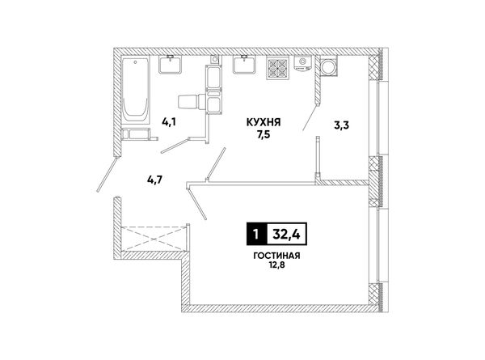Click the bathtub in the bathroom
pyautogui.click(x=136, y=90)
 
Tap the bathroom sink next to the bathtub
pyautogui.click(x=170, y=65)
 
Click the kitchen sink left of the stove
pyautogui.click(x=244, y=65)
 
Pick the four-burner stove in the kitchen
pyautogui.click(x=277, y=68)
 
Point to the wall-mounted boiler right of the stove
pyautogui.click(x=303, y=63)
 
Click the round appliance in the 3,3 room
pyautogui.click(x=328, y=66)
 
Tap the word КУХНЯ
pyautogui.click(x=264, y=122)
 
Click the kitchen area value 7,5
pyautogui.click(x=264, y=134)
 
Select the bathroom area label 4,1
pyautogui.click(x=169, y=122)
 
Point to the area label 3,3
pyautogui.click(x=341, y=125)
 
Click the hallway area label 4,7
pyautogui.click(x=155, y=180)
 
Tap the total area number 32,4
pyautogui.click(x=286, y=235)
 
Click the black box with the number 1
pyautogui.click(x=255, y=234)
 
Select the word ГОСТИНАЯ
pyautogui.click(x=276, y=256)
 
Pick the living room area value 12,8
pyautogui.click(x=276, y=265)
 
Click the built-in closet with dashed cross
pyautogui.click(x=154, y=239)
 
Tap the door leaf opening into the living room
pyautogui.click(x=197, y=203)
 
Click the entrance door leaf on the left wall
pyautogui.click(x=108, y=174)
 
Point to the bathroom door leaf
pyautogui.click(x=175, y=146)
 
